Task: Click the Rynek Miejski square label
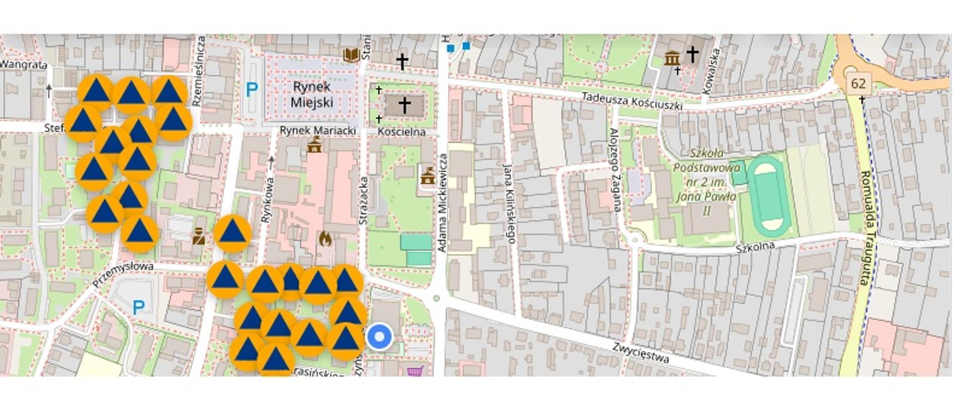(312, 94)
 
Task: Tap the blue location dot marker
(380, 337)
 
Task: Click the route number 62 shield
(858, 83)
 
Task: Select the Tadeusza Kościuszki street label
(631, 101)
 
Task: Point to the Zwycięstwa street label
(640, 352)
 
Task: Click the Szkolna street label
(755, 247)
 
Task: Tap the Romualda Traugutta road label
(866, 228)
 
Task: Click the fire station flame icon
(325, 239)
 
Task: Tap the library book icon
(351, 55)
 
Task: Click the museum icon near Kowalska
(672, 58)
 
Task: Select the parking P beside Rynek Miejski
(252, 90)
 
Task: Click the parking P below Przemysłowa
(139, 308)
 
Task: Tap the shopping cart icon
(415, 370)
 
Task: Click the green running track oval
(769, 196)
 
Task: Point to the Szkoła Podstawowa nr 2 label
(707, 182)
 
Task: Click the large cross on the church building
(405, 105)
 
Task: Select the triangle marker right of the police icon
(232, 233)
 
